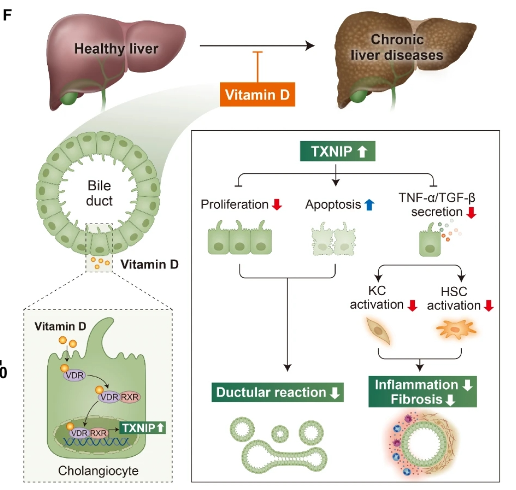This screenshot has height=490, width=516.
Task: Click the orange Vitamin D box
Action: click(257, 94)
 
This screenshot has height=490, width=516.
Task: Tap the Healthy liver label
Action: click(116, 49)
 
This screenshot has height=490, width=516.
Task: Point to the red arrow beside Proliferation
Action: click(277, 205)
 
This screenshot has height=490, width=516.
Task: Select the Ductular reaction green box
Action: click(278, 392)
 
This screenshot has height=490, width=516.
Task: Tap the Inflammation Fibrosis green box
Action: click(423, 392)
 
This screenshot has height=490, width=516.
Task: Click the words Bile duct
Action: click(100, 194)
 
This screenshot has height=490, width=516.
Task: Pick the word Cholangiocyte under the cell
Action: click(98, 470)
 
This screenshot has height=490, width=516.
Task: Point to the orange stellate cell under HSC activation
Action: click(455, 328)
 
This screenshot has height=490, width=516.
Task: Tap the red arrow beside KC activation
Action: click(412, 305)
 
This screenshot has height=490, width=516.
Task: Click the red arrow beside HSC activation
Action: click(488, 305)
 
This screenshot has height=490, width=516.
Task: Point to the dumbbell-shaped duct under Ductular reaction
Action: click(282, 451)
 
